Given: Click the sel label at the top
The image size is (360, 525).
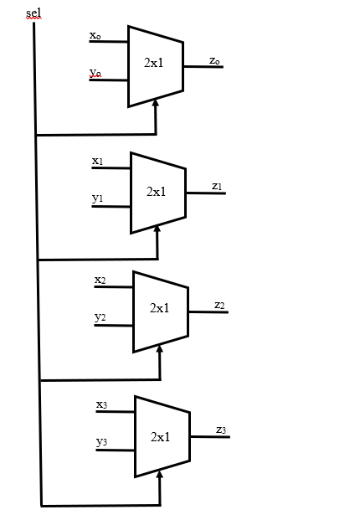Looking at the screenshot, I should click(33, 11).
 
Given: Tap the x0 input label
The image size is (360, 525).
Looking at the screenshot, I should click(95, 36).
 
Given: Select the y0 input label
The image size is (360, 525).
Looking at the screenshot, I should click(95, 74).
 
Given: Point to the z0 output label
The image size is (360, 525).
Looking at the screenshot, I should click(214, 60).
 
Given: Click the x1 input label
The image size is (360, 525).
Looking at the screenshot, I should click(98, 161).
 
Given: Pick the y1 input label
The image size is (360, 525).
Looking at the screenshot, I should click(98, 198).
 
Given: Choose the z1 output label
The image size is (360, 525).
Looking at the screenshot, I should click(217, 186).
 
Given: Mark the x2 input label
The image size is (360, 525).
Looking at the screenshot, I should click(100, 280).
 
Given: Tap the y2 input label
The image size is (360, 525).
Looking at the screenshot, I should click(100, 317).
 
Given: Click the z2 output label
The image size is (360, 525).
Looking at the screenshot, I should click(219, 305).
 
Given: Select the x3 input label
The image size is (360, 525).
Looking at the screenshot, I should click(102, 404).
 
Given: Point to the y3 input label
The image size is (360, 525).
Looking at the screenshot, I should click(102, 441).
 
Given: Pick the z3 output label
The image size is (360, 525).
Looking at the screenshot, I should click(221, 430).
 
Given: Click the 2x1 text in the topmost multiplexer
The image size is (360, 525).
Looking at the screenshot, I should click(153, 64).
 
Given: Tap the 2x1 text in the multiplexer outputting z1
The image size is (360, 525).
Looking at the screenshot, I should click(157, 192).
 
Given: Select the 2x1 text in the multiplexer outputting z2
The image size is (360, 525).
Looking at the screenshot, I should click(160, 308).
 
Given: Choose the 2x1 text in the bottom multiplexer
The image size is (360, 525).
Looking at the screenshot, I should click(161, 436).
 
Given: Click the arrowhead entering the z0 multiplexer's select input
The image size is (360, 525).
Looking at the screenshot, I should click(156, 102).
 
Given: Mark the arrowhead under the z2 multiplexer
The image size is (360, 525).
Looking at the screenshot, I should click(159, 347).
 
